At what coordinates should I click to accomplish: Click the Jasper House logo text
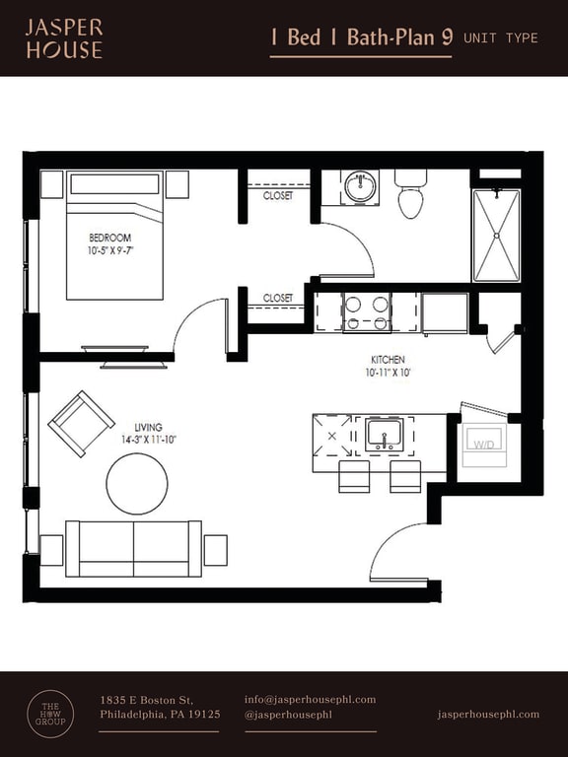63,37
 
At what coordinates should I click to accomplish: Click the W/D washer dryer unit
484,445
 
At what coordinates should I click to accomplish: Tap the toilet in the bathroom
411,195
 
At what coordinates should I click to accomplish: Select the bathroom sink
361,186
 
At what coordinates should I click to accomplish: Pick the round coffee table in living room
137,483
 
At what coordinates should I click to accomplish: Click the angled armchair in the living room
81,424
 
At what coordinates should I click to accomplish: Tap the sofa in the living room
133,548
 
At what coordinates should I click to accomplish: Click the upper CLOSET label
278,195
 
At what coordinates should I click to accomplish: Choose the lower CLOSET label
278,298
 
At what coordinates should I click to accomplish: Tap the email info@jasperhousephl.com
310,700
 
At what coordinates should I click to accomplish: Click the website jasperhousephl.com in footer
488,714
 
